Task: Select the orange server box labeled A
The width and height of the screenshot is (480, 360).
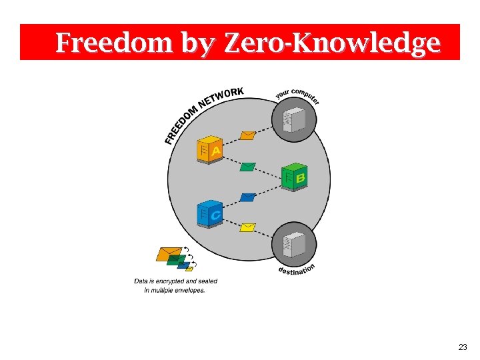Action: coord(209,151)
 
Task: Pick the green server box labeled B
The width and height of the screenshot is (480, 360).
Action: coord(294,176)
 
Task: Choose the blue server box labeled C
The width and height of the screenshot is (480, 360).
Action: coord(209,213)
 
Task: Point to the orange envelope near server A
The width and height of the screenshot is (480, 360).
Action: coord(247,135)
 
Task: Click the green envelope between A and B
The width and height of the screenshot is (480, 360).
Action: coord(248,166)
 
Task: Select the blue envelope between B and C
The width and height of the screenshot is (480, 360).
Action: coord(248,197)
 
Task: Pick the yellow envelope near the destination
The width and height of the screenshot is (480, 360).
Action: coord(248,227)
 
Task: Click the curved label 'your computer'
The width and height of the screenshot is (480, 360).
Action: coord(298,95)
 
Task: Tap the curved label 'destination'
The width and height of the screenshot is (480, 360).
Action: coord(296,269)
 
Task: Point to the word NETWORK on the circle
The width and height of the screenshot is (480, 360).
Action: coord(221,97)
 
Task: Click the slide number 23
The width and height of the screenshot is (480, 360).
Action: coord(463,347)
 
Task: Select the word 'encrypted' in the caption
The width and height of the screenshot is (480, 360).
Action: coord(169,281)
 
